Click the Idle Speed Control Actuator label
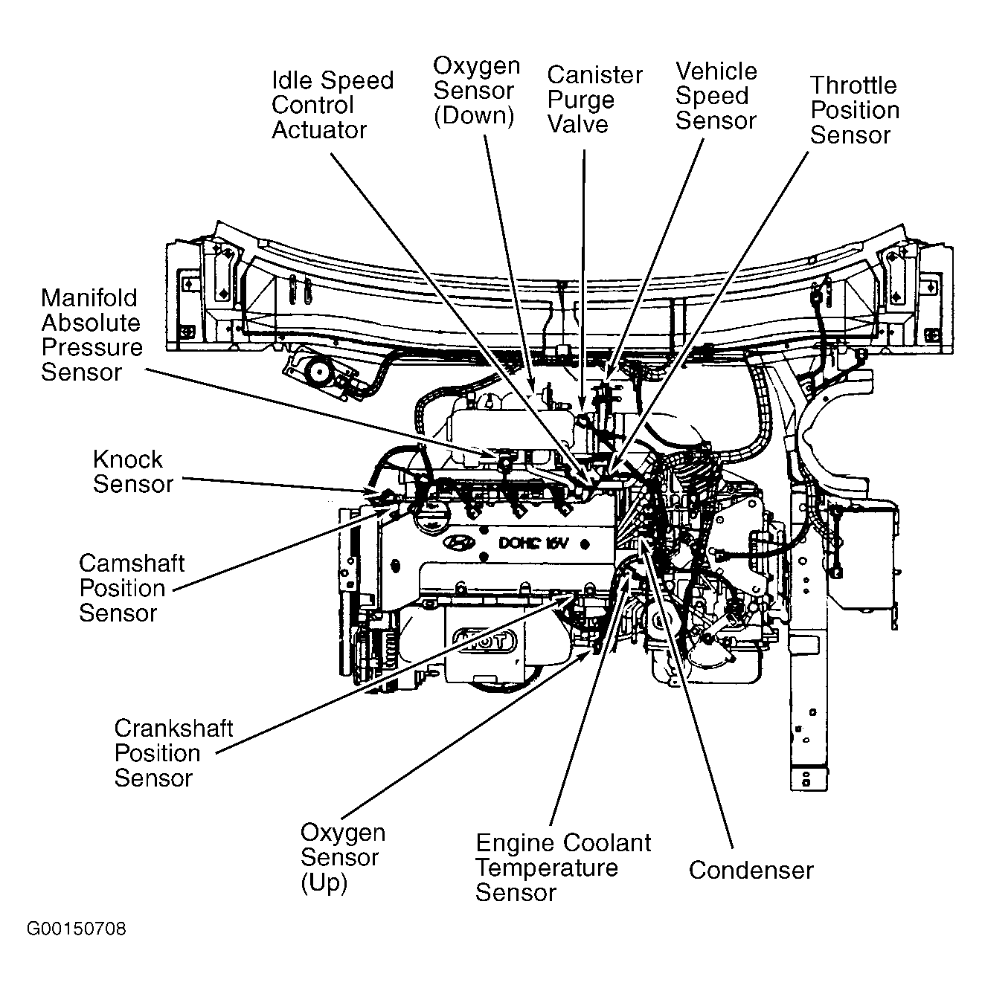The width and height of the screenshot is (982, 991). pyautogui.click(x=332, y=105)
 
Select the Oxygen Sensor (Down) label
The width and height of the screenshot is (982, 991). pyautogui.click(x=476, y=91)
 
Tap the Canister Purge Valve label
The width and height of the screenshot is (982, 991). pyautogui.click(x=594, y=100)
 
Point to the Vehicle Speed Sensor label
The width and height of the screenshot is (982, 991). pyautogui.click(x=716, y=96)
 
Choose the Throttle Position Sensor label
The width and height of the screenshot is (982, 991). pyautogui.click(x=854, y=110)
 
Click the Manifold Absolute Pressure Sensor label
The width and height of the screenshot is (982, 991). pyautogui.click(x=92, y=335)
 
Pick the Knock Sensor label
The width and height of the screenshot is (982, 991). pyautogui.click(x=132, y=471)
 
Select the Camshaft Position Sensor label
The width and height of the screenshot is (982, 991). pyautogui.click(x=131, y=588)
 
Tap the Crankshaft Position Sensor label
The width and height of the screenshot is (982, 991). pyautogui.click(x=173, y=753)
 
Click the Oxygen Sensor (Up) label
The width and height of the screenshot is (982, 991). pyautogui.click(x=342, y=857)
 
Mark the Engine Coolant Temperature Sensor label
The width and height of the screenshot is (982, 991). pyautogui.click(x=562, y=868)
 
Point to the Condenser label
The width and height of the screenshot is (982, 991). pyautogui.click(x=751, y=870)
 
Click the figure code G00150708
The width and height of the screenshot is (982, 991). pyautogui.click(x=77, y=929)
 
